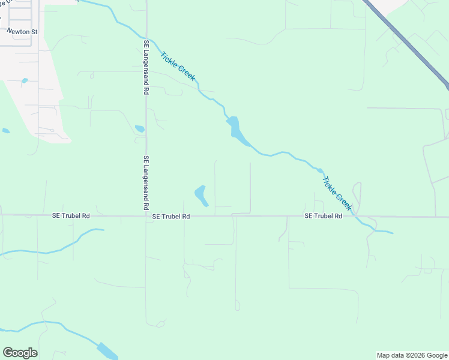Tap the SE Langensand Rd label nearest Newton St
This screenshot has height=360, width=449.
pos(146,68)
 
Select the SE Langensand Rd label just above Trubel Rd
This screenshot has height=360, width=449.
pos(146,183)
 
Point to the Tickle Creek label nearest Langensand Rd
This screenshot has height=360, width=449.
pos(178,67)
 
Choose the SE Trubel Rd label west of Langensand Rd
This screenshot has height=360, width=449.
pos(70,216)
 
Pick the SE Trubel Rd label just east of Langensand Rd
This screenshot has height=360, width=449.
pos(171,216)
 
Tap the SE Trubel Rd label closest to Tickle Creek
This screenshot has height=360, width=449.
pos(323,216)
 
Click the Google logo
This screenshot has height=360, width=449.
pos(20,353)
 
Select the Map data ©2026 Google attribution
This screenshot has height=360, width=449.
pos(412,355)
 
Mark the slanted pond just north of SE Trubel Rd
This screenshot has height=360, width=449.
pos(200,196)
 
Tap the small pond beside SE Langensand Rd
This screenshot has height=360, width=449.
pos(140,128)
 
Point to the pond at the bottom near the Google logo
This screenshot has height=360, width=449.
pos(107,350)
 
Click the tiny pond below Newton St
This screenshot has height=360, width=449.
pos(25,80)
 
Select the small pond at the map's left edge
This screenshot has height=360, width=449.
pos(5,130)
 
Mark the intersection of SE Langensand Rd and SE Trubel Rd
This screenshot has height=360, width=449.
pos(146,215)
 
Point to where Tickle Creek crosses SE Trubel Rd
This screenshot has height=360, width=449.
pos(355,216)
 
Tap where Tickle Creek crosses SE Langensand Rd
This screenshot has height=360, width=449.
pos(147,37)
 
